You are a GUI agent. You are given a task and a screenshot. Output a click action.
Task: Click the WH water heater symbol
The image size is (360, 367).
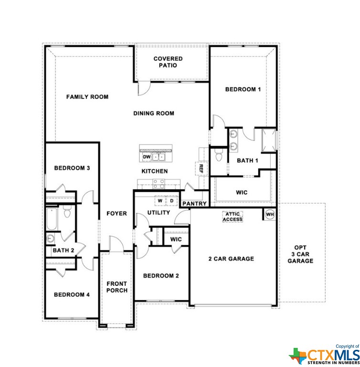(x=270, y=215)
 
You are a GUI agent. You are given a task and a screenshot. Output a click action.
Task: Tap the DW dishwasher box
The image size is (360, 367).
(x=147, y=157)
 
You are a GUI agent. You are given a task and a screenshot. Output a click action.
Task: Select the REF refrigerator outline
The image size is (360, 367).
(x=201, y=168)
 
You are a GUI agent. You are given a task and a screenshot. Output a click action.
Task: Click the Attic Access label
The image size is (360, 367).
(x=233, y=217)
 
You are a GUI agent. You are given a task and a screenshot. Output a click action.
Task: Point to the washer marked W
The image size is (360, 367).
(x=160, y=201)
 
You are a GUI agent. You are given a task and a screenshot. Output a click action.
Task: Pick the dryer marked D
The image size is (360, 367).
(x=172, y=201)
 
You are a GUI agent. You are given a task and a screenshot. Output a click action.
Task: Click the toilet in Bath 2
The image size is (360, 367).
(x=67, y=211)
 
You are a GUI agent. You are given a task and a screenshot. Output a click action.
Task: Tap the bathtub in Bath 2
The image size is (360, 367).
(x=52, y=219)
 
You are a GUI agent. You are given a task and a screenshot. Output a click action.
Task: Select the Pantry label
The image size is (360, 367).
(x=194, y=204)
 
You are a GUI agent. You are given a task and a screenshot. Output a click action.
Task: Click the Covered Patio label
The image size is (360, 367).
(x=168, y=62)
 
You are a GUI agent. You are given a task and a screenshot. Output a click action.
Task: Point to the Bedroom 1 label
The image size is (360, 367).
(x=243, y=89)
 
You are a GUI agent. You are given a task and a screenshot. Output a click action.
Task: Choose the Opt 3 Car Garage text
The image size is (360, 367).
(x=300, y=254)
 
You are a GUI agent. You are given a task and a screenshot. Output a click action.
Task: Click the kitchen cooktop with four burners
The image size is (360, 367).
(x=159, y=183)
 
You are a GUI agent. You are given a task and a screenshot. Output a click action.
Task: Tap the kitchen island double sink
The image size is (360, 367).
(x=159, y=157)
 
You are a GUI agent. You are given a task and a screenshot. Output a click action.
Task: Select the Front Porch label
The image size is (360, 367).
(x=116, y=287)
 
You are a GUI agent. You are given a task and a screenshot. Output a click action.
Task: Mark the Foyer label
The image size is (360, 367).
(x=116, y=214)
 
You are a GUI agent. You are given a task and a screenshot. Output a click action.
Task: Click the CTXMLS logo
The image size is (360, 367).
(x=324, y=356)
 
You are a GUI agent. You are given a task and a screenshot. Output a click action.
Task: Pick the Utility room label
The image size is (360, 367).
(x=159, y=213)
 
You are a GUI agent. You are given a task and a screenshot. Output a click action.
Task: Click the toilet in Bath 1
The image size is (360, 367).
(x=219, y=155)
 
